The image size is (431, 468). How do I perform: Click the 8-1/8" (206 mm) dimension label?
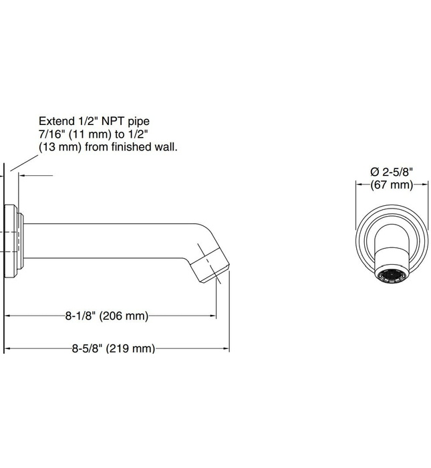point(111,316)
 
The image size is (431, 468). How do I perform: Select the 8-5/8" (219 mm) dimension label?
point(114,348)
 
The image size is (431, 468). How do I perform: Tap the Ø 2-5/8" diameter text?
point(392,173)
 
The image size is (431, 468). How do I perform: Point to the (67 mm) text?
point(392,185)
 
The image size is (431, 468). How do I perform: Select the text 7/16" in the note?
point(52,134)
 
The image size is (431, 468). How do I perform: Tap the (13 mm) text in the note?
point(61,147)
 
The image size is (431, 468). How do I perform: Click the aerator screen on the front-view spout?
point(392,277)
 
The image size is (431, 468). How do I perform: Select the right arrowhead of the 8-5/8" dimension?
point(227,348)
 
